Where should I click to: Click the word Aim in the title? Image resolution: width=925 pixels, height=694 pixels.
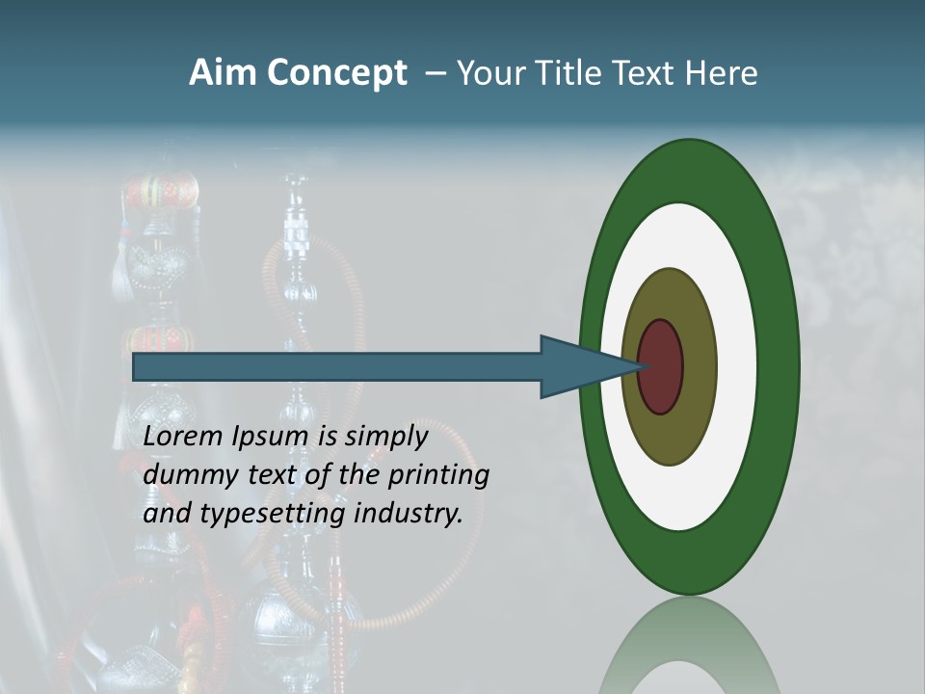pyautogui.click(x=224, y=73)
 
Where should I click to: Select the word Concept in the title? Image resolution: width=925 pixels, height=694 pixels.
pyautogui.click(x=336, y=74)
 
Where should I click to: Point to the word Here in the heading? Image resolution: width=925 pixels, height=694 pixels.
pyautogui.click(x=722, y=73)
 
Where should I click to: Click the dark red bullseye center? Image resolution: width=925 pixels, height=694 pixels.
pyautogui.click(x=661, y=367)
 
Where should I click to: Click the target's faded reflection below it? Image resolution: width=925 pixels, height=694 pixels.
pyautogui.click(x=689, y=646)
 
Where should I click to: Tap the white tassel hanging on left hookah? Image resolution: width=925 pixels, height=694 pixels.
pyautogui.click(x=120, y=275)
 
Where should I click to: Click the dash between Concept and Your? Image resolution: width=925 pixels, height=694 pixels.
pyautogui.click(x=435, y=73)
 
